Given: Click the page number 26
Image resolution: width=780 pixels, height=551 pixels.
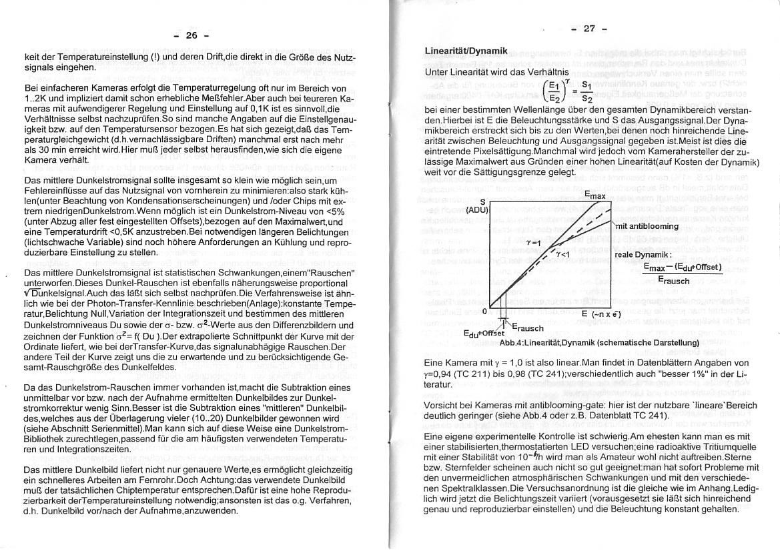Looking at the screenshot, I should point(191,36).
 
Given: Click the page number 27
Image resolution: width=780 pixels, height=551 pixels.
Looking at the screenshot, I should point(589,28).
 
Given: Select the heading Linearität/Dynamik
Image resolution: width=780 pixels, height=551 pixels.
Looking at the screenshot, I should point(466,51).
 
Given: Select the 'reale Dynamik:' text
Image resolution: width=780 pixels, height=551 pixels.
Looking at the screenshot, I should point(642,255).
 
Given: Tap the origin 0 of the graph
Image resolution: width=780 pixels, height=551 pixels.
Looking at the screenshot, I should point(485,311).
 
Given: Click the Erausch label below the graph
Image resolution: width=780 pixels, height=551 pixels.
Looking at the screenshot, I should point(526,328).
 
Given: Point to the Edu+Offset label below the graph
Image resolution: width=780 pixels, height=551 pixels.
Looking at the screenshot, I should point(484,333).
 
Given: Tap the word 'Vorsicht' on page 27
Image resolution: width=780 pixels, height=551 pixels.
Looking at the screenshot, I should point(442,405).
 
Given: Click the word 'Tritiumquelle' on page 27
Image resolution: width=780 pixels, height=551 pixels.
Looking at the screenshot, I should point(729,448).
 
